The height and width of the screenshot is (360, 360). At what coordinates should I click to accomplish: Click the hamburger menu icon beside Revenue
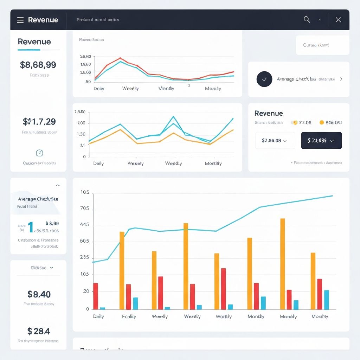20,20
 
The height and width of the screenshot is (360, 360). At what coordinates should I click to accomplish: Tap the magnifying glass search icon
307,20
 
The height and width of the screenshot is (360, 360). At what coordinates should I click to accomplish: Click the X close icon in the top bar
338,20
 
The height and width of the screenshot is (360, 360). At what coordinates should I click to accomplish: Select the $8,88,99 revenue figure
38,65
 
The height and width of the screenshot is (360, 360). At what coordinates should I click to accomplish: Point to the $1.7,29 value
39,122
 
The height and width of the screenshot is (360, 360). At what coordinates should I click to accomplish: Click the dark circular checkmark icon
264,79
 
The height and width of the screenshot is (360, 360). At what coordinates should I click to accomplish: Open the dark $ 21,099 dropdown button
321,140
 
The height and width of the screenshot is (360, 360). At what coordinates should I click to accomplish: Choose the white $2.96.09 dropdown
275,140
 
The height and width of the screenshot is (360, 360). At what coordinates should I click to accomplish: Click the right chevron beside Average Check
341,79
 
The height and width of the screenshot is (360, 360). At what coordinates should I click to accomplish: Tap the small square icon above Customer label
39,153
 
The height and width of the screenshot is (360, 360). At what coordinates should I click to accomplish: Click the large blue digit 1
31,227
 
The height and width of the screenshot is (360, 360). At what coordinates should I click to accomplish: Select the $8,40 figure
39,294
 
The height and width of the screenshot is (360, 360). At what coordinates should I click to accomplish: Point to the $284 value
39,331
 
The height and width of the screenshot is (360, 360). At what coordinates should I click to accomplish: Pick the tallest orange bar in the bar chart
282,264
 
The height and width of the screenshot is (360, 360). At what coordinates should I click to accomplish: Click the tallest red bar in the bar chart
223,289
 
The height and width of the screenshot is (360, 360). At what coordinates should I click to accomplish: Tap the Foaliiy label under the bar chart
129,316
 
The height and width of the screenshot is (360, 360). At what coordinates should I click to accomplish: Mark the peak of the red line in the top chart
120,58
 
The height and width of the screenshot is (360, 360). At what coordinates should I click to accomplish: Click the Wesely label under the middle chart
135,163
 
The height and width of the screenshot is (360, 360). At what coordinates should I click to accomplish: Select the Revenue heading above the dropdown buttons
269,113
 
